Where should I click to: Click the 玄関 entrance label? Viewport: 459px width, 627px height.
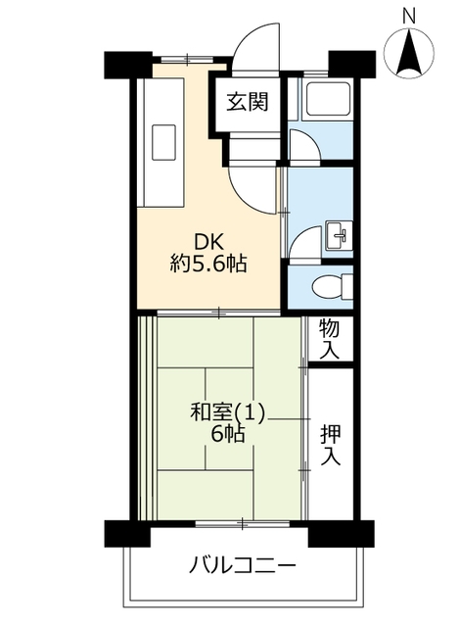pos(248,102)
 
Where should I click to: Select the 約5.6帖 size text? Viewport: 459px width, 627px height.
pos(208,264)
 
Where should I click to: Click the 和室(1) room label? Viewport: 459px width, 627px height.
pos(227,413)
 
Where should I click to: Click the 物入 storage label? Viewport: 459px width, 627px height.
pos(330,340)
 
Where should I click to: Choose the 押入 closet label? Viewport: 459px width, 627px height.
pos(331,445)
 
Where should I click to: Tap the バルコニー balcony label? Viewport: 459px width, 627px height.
pos(243,565)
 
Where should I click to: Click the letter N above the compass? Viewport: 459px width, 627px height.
pos(408,17)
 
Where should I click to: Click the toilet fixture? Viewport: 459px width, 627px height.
pos(333,287)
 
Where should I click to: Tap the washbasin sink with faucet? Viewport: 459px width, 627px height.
pos(340,235)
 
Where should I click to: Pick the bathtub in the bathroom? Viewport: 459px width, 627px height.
pos(326,100)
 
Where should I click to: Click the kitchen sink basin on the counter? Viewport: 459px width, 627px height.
pos(163,142)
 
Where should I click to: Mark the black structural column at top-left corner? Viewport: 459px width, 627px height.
pos(128,65)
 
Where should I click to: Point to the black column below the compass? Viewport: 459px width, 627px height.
pos(351,64)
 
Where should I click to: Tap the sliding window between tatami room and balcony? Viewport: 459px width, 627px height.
pos(243,523)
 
